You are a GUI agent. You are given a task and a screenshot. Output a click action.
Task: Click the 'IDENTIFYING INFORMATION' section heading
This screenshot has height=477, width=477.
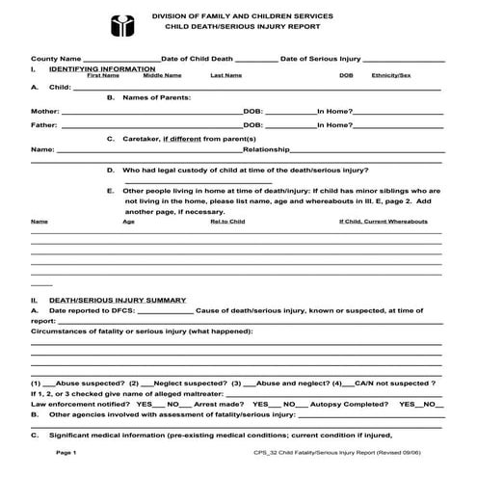click(x=101, y=69)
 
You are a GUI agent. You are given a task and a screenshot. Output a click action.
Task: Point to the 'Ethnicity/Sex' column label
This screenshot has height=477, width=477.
click(x=391, y=75)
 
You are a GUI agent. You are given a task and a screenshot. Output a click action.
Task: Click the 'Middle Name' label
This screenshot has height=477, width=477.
click(x=162, y=75)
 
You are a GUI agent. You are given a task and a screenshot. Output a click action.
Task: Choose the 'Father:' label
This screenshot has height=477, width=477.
click(x=43, y=124)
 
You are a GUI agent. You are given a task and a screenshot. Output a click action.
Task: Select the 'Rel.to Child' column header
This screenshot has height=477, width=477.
click(x=227, y=221)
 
